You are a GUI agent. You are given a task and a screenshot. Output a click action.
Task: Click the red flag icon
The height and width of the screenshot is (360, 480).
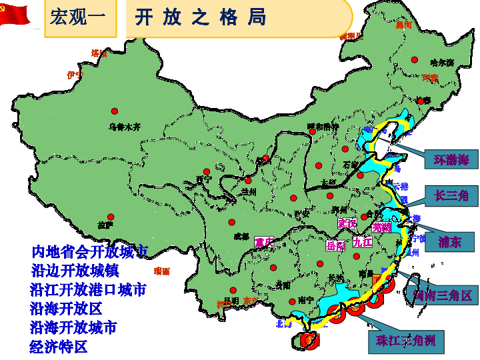coord(15,13)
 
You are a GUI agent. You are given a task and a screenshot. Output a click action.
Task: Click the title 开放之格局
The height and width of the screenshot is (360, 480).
coord(200,17)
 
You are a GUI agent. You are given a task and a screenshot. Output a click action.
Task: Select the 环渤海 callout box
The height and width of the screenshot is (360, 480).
coord(451,160)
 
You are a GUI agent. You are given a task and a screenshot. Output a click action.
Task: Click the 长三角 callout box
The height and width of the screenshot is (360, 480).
coord(451,195)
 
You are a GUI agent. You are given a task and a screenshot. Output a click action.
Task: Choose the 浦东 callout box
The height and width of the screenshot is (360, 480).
coord(449,241)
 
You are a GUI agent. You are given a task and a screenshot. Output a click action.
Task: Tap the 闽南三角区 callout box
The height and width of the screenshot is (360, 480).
coord(442,295)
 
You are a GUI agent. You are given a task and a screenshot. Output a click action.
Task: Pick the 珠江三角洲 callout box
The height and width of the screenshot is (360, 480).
coord(405,341)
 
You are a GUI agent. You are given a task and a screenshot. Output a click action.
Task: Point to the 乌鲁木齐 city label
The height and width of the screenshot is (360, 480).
coord(125,127)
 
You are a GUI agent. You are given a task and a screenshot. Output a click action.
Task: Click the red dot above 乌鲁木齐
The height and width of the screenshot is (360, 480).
coord(115,111)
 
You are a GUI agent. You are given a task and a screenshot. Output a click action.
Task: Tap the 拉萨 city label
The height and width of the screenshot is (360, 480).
coord(106,226)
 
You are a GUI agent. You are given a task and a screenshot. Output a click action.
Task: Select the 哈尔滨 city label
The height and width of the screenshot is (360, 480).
coord(441,63)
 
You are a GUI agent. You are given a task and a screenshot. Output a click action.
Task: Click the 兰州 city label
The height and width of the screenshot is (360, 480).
coord(248,192)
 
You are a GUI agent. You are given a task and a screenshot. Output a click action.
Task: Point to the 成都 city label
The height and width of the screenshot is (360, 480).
coord(241,235)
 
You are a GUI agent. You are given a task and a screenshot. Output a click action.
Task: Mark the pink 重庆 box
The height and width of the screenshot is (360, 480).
coord(264,242)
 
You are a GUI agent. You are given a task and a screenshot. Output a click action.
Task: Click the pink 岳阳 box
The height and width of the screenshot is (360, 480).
coord(336,245)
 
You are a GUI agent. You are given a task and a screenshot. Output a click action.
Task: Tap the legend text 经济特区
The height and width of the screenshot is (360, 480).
coord(59,347)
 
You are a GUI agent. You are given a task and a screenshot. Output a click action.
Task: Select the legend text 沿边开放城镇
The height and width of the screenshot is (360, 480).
coord(74,271)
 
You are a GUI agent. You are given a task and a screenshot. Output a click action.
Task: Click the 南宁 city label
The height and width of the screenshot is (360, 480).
coord(307,301)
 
